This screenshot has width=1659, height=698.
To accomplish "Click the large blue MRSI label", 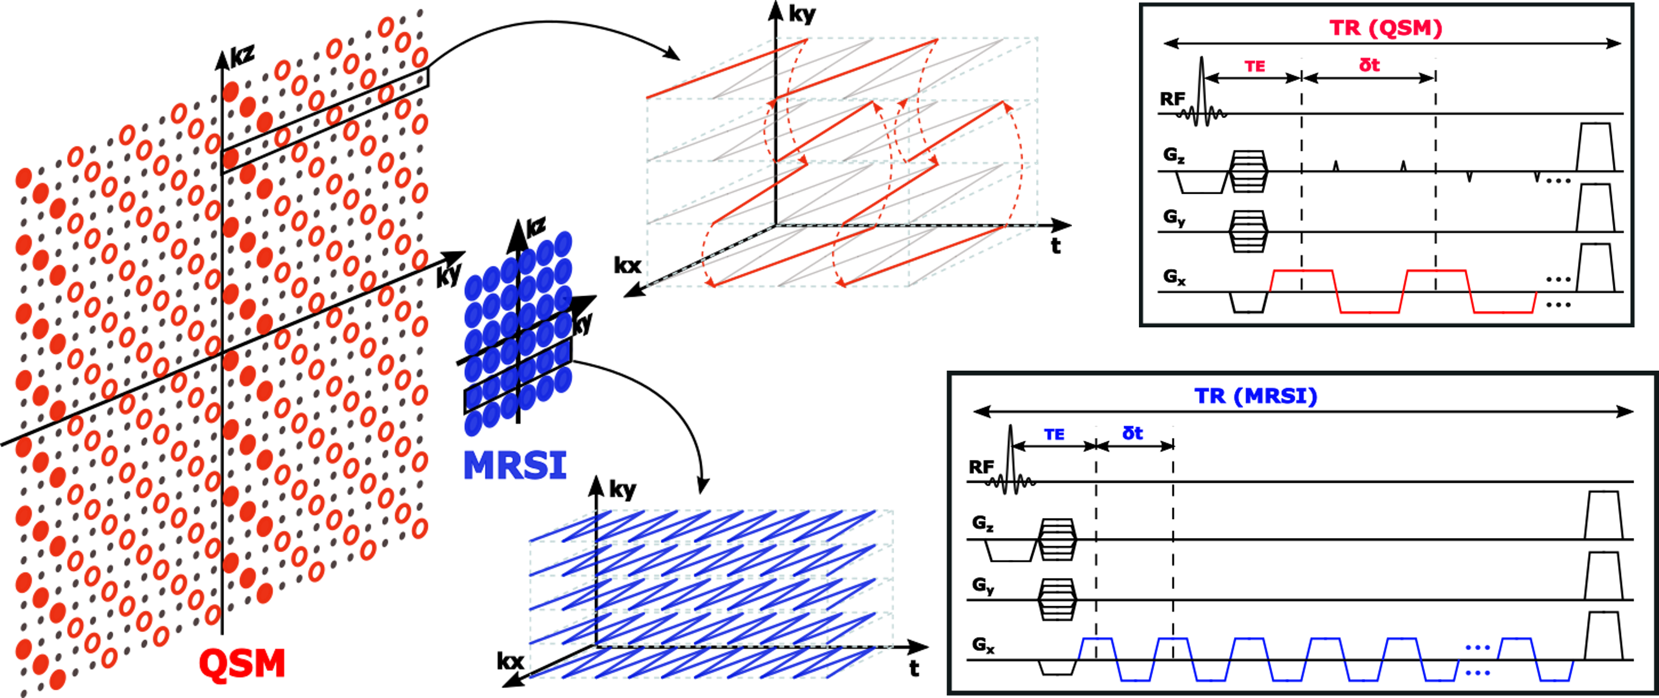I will coord(515,465).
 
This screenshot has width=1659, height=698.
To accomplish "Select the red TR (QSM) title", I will coord(1385,28).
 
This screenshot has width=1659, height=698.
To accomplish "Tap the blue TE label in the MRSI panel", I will coord(1055,435).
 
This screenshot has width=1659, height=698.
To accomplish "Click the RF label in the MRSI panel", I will coord(981,467).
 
